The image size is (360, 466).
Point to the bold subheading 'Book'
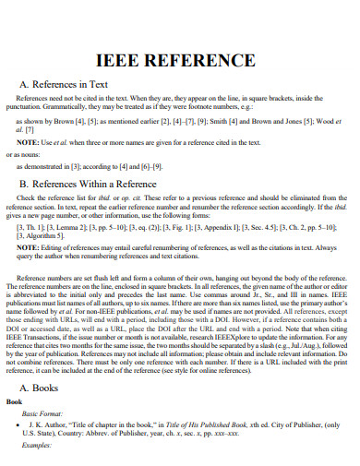(16, 403)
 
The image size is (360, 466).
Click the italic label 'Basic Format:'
(46, 414)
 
